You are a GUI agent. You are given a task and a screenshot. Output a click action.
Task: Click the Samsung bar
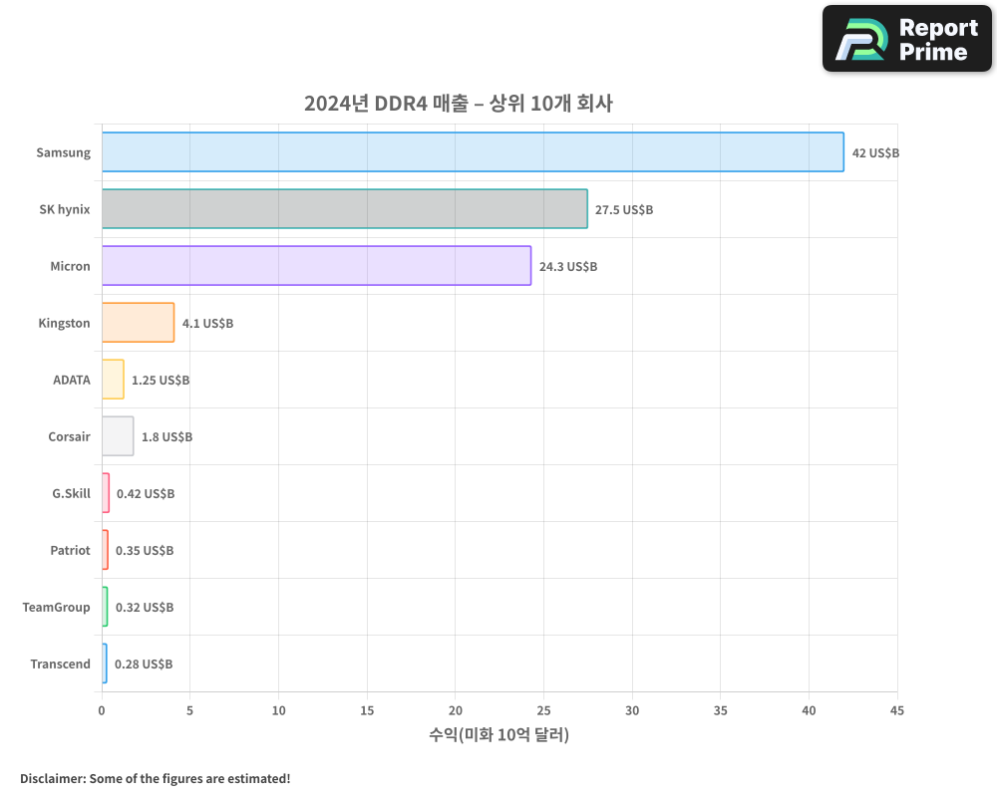coord(473,152)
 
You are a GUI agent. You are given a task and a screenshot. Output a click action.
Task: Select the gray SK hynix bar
coord(344,209)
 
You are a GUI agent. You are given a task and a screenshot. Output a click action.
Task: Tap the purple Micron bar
coord(316,266)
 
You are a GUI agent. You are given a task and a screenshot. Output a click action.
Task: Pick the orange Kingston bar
coord(138,323)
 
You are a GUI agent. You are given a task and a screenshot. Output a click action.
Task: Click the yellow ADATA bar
coord(113,380)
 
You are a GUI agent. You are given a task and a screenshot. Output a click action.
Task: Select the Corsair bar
coord(118,436)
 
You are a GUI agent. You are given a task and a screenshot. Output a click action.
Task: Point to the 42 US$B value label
coord(875,153)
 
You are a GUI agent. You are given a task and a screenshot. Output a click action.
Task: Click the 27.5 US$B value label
coord(623,210)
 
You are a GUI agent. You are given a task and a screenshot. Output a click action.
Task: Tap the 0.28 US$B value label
coord(144,664)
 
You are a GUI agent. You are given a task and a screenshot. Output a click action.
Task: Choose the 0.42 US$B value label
coord(146,494)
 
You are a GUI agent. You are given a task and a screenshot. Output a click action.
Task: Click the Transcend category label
coord(60,664)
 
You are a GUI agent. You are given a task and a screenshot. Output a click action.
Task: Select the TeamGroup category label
coord(57,608)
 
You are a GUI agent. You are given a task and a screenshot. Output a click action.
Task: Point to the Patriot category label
coord(70,551)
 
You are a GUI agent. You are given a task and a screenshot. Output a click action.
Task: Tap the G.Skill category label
coord(71,494)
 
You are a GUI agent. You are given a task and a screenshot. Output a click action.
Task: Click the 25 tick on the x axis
coord(543,710)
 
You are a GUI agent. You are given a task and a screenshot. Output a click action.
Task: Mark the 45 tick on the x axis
coord(896,710)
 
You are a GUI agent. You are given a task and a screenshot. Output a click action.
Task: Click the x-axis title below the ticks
coord(498,735)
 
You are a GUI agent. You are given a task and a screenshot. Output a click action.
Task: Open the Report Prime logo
coord(907,39)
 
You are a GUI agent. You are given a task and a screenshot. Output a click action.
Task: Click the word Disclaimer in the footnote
coord(52,778)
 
